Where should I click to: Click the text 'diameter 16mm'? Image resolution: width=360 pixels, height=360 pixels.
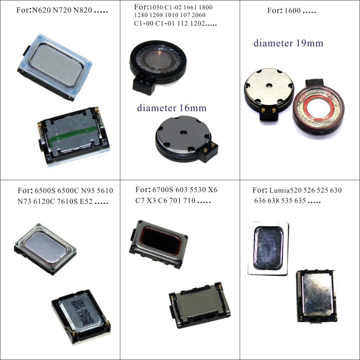click(172, 108)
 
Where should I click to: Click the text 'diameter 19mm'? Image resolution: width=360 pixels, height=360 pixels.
click(288, 43)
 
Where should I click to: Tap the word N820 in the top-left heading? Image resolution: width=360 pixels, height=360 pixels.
click(83, 10)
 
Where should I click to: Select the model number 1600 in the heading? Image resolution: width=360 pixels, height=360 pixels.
click(292, 10)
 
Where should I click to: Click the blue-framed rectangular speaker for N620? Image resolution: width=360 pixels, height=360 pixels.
click(54, 67)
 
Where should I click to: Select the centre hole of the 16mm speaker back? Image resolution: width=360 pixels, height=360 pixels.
click(183, 132)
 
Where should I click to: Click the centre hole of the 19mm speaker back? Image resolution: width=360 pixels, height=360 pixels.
click(269, 85)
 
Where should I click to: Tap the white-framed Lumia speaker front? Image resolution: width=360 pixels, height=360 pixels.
click(268, 248)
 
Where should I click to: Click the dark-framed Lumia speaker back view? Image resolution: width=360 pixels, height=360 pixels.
click(316, 296)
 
